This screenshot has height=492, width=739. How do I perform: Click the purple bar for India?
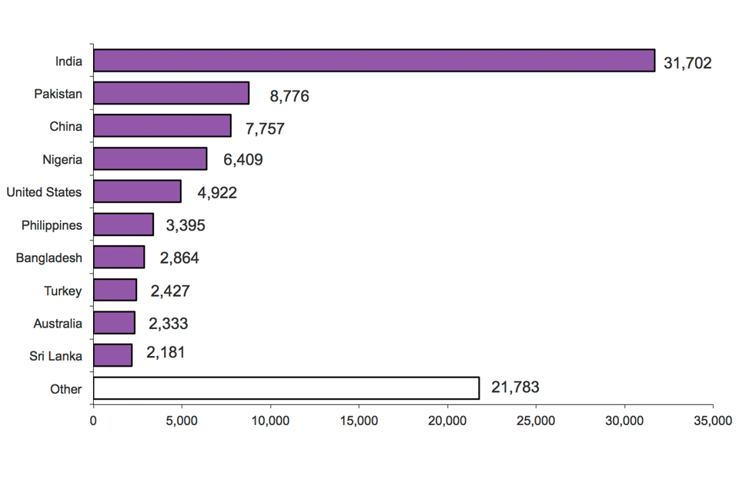[373, 61]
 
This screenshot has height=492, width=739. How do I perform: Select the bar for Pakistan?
[171, 93]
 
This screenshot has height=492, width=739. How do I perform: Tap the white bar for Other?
[286, 388]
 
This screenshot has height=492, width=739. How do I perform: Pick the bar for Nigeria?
[150, 159]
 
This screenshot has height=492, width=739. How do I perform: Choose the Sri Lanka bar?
[112, 355]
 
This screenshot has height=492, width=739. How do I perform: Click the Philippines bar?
[123, 224]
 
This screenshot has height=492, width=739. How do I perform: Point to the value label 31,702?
[687, 63]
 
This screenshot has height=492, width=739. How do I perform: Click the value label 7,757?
[265, 128]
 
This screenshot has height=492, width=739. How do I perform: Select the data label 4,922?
[217, 192]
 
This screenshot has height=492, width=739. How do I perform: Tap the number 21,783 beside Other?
[515, 387]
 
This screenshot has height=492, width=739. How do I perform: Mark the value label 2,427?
[169, 291]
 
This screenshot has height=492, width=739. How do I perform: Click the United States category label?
[44, 192]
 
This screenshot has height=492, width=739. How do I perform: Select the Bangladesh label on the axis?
[49, 258]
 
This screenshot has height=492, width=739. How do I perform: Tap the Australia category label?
[58, 324]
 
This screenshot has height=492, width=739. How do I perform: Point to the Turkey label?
[62, 291]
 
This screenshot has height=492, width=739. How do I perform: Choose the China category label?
[65, 126]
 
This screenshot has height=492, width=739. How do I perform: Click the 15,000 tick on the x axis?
[359, 421]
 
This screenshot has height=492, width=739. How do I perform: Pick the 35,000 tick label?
[713, 421]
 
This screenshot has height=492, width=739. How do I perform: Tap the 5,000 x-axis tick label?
[182, 421]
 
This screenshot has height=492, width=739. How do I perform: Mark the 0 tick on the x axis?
[93, 421]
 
